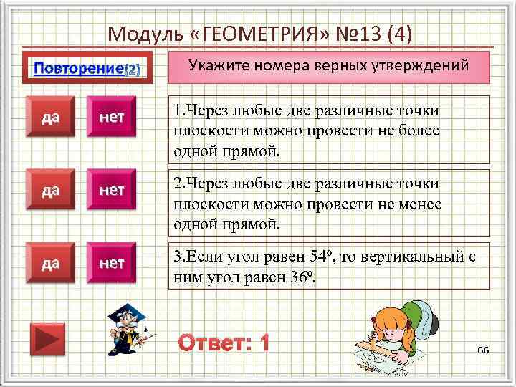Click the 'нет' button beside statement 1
tap(112, 118)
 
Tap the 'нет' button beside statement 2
tap(112, 191)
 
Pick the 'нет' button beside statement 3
tap(112, 264)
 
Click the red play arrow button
tap(47, 339)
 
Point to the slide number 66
tap(482, 349)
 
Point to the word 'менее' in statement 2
tap(419, 204)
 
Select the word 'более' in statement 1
tap(419, 131)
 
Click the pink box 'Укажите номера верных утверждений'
tap(329, 66)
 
